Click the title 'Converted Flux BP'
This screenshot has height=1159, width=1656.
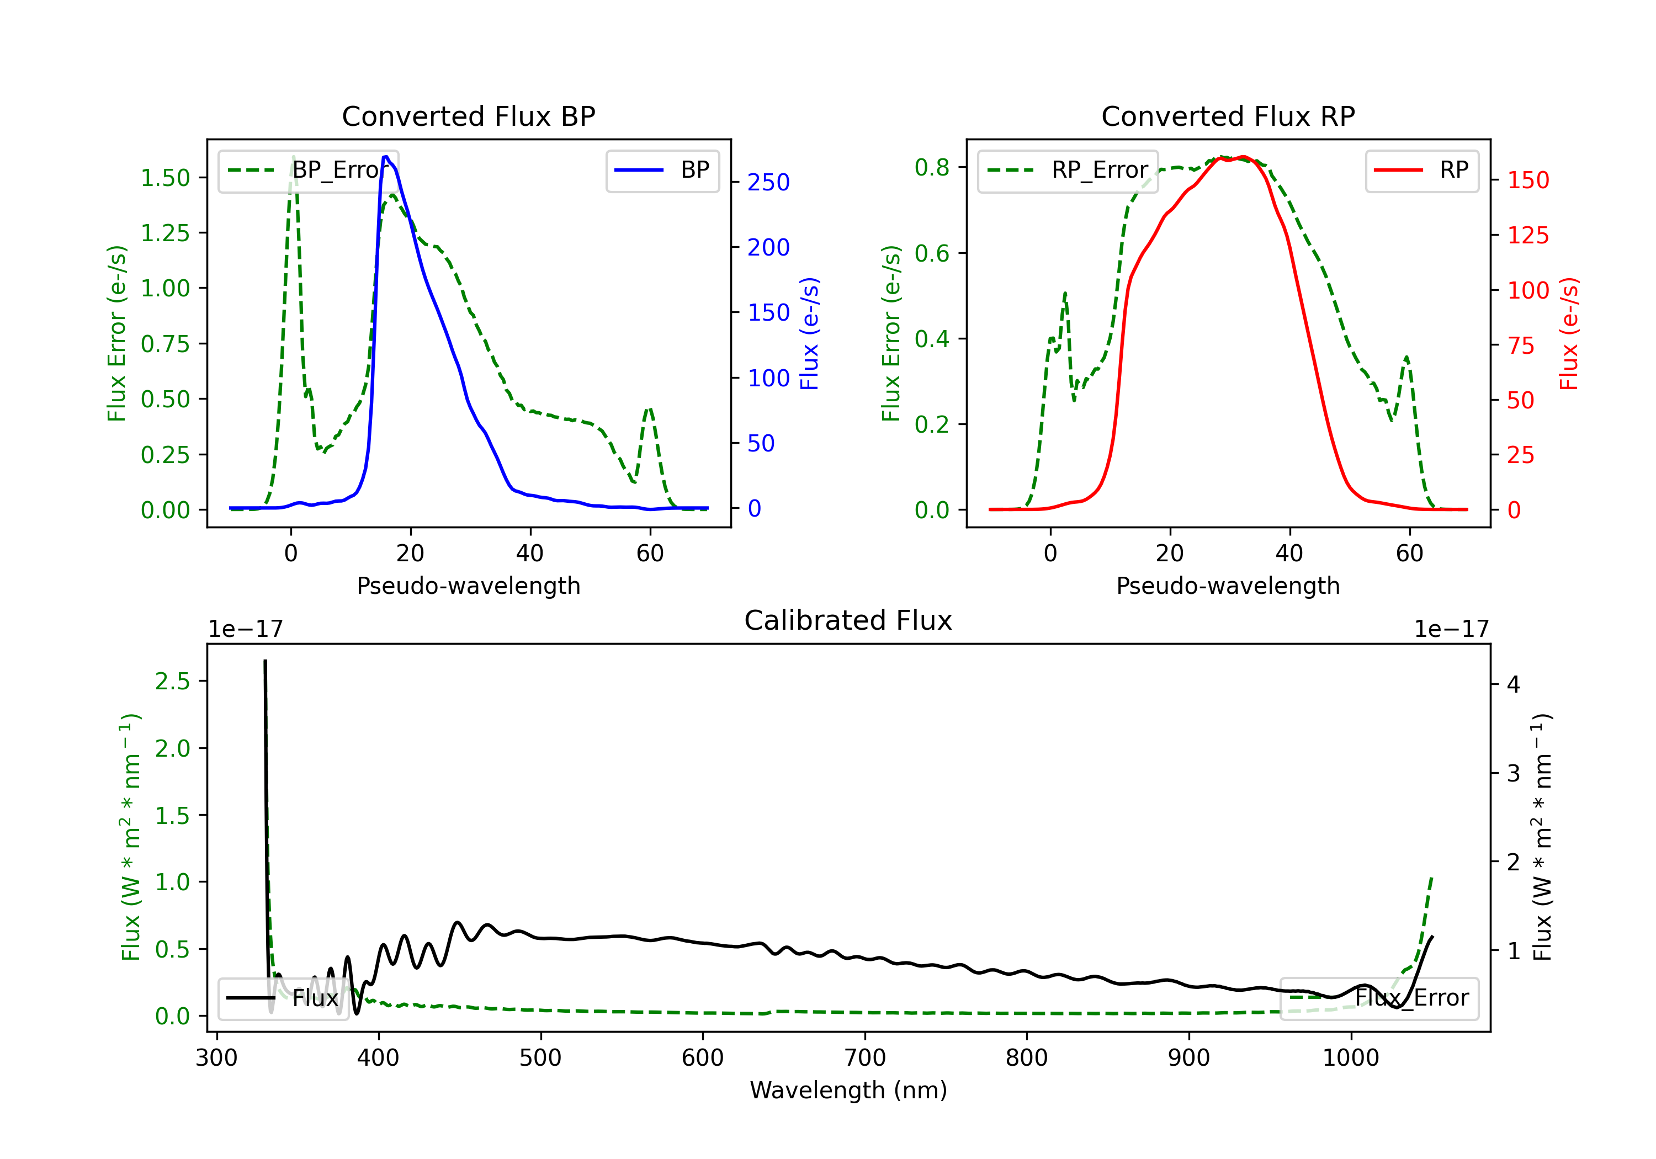coord(468,116)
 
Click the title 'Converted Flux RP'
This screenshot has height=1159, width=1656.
coord(1228,116)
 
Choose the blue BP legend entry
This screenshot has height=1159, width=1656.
coord(662,170)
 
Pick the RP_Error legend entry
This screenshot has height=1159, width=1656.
coord(1068,170)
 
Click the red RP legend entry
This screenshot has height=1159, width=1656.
coord(1421,170)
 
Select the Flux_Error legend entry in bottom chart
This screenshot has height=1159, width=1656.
coord(1378,998)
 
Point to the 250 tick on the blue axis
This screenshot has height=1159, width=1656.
coord(768,183)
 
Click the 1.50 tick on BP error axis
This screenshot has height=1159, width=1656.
coord(165,178)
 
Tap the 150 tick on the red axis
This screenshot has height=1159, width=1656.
coord(1527,180)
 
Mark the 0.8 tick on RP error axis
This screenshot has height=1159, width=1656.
coord(932,167)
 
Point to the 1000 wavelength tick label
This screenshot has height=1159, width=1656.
coord(1350,1058)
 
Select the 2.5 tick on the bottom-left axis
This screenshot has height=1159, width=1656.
coord(172,681)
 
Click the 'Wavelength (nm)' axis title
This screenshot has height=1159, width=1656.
coord(848,1090)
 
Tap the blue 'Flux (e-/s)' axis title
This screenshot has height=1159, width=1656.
coord(810,333)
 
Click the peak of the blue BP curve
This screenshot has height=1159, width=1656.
coord(386,157)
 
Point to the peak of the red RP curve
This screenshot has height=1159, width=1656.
coord(1243,157)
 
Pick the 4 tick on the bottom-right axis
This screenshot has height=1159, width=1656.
coord(1513,684)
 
